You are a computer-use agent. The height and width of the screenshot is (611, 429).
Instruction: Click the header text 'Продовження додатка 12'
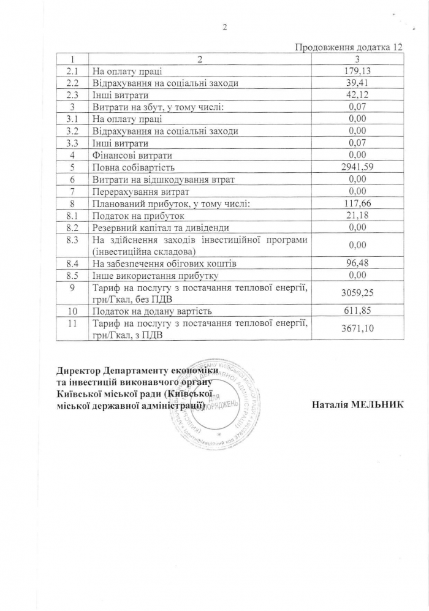coord(349,47)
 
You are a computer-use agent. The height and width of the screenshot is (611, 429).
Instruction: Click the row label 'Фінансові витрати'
coord(132,155)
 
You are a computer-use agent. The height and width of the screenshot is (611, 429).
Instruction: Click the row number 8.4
coord(72,263)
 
